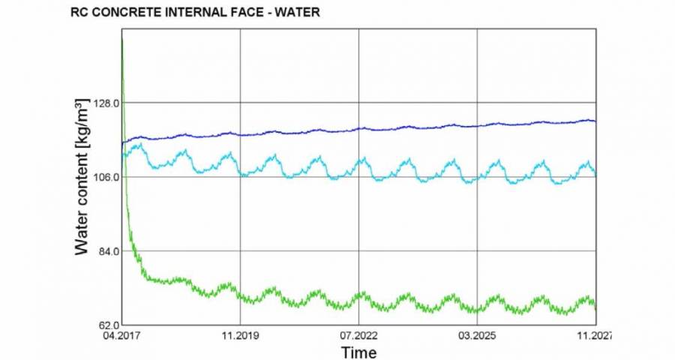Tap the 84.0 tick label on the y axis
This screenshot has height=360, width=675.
(104, 251)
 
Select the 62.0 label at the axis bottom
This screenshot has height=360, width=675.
(104, 324)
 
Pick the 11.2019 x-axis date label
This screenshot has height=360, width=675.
(239, 337)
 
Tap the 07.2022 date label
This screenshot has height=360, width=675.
(358, 337)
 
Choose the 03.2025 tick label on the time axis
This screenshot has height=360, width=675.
(477, 337)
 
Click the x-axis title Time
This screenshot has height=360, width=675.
(358, 352)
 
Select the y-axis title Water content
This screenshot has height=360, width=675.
(82, 177)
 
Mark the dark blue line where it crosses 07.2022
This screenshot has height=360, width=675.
(358, 128)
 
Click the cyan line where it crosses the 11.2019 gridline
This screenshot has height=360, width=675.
(239, 172)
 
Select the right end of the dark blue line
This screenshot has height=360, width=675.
(595, 121)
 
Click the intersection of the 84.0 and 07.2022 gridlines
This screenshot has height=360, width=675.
(358, 250)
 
